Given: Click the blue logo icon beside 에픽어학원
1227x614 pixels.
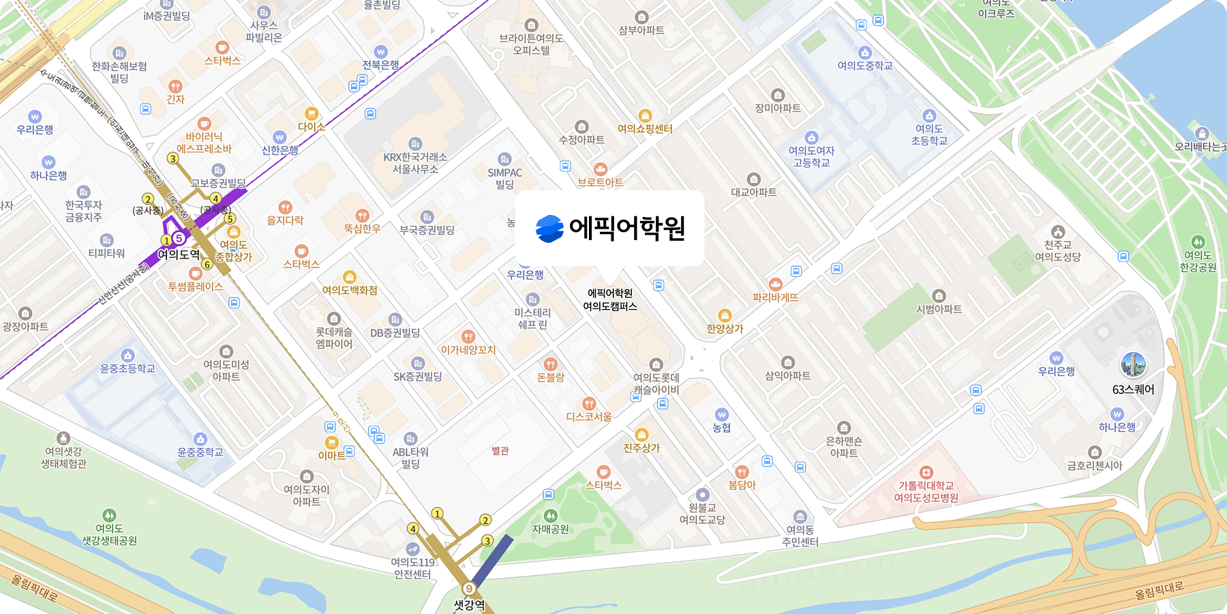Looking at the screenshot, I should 549,229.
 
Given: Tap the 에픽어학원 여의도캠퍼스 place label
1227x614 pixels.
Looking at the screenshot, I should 610,299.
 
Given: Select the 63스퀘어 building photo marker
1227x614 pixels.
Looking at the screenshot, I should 1134,365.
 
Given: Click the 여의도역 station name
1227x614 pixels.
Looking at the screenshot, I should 179,254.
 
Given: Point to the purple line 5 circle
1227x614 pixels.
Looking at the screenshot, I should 179,238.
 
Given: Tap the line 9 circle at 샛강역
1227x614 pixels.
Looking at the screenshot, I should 469,588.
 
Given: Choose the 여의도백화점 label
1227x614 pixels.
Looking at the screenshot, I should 350,290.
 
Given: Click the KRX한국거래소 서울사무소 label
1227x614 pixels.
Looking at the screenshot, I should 415,163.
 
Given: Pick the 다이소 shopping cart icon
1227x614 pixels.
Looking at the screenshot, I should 312,113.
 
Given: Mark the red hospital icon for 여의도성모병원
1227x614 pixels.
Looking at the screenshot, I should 926,472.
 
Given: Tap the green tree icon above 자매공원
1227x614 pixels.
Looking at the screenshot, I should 551,516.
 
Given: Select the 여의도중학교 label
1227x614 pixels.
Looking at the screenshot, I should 865,65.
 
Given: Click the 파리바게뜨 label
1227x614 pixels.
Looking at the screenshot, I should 776,297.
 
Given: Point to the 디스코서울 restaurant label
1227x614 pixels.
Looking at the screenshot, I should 589,416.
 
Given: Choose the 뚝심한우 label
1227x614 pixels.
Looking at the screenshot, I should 362,229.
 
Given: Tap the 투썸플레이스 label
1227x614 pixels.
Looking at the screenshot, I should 196,287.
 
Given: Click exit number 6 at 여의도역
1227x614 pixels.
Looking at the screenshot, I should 207,264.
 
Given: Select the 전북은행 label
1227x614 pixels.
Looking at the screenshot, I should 380,65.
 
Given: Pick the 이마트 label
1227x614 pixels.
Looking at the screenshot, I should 331,455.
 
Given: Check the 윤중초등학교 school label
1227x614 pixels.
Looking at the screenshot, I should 127,368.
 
